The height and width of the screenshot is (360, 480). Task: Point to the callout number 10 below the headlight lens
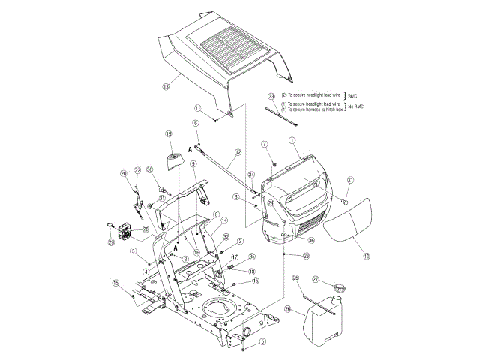pos(367,256)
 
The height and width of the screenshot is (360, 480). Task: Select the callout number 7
pos(264,143)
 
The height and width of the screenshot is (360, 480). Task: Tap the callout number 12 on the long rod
pos(237,152)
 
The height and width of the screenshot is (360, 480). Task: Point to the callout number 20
pos(124,174)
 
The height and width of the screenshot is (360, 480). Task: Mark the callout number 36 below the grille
pos(311,241)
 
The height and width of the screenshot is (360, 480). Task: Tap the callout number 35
pos(252,256)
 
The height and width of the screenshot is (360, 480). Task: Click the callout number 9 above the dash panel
pos(193,164)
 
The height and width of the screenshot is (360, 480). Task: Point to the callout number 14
pos(223,221)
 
